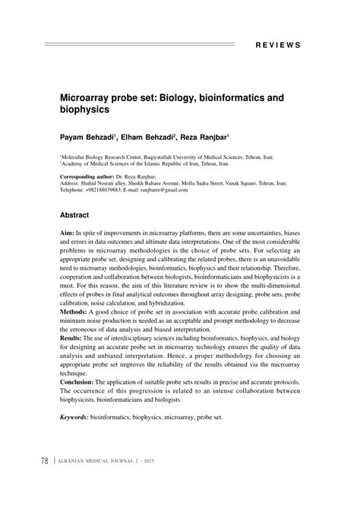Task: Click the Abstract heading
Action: pos(76,215)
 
